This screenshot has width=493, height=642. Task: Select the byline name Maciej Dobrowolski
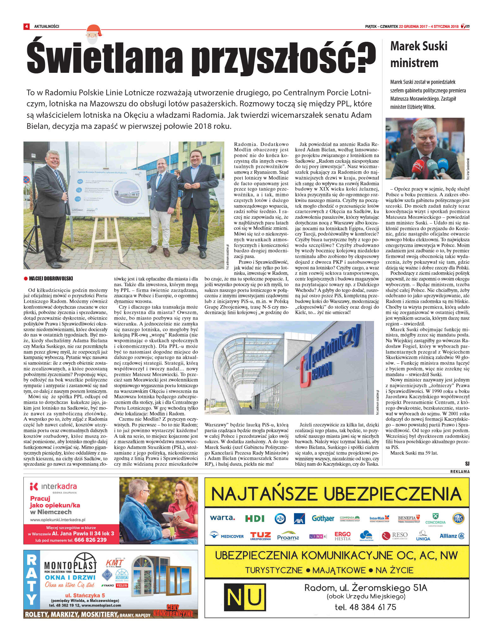(x=51, y=279)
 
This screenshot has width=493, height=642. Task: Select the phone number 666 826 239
(x=90, y=540)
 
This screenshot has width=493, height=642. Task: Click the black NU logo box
(x=245, y=597)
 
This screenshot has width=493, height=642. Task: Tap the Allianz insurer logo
(x=452, y=536)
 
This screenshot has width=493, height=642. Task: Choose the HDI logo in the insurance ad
(x=255, y=518)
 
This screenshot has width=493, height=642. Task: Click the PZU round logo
(x=280, y=518)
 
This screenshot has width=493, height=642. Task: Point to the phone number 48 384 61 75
(x=365, y=607)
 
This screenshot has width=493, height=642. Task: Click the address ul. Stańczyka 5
(x=85, y=595)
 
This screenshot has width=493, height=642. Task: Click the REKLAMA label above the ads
(x=460, y=471)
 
